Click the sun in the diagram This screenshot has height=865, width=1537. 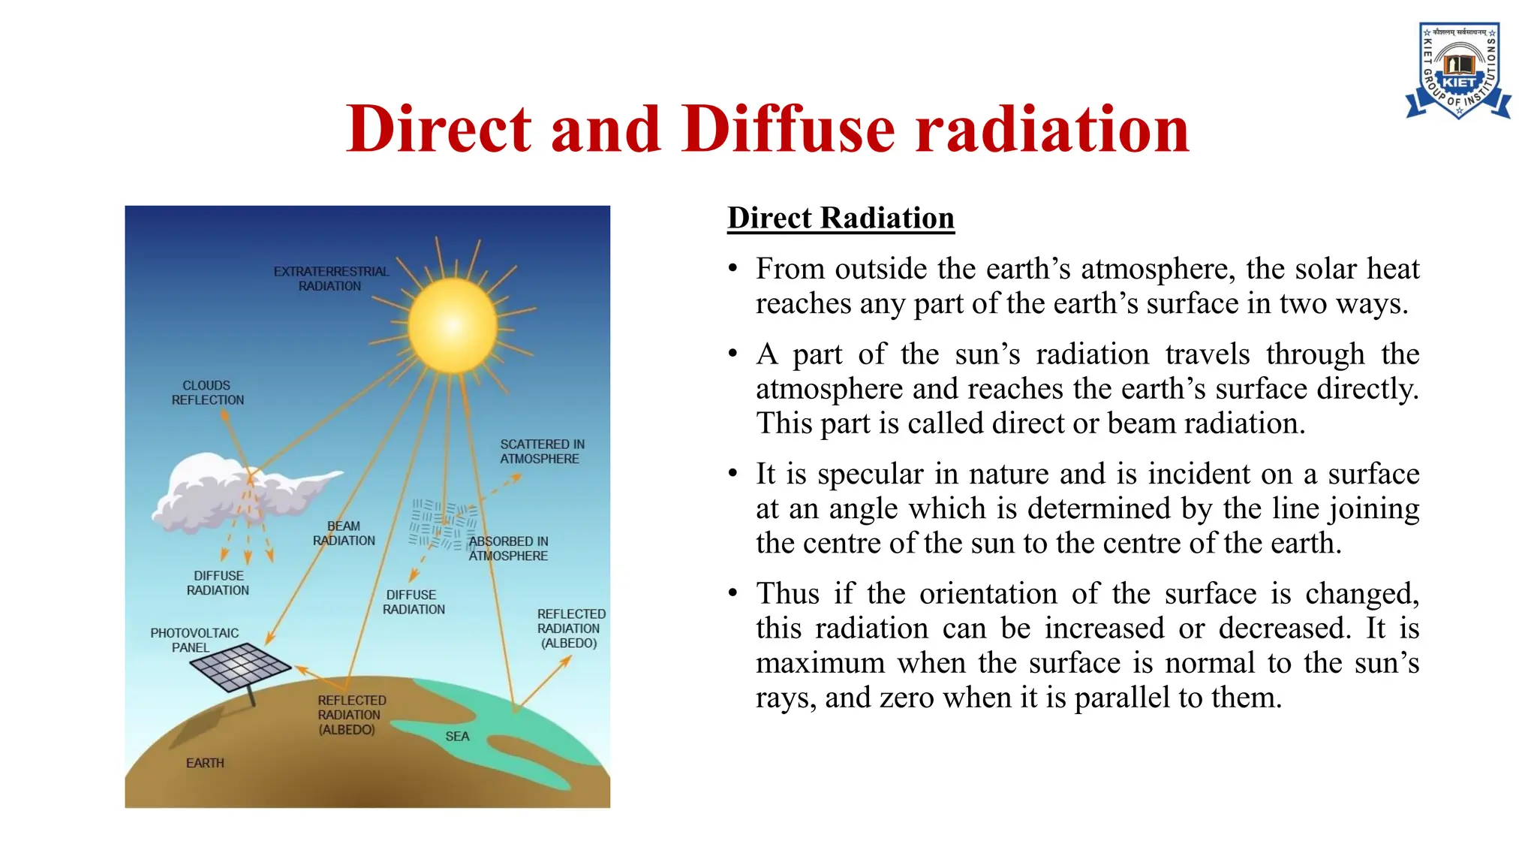pyautogui.click(x=453, y=325)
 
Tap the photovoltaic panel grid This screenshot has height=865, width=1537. pyautogui.click(x=240, y=665)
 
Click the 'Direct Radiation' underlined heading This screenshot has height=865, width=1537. pyautogui.click(x=841, y=219)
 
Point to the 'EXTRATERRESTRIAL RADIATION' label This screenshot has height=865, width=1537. pyautogui.click(x=331, y=279)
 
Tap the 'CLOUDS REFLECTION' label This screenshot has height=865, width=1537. pyautogui.click(x=207, y=393)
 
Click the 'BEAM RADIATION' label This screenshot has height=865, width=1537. pyautogui.click(x=344, y=533)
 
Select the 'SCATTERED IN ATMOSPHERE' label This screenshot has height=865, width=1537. pyautogui.click(x=542, y=451)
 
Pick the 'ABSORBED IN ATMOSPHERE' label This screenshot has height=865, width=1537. pyautogui.click(x=508, y=548)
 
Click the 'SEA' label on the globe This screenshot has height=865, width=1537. pyautogui.click(x=457, y=737)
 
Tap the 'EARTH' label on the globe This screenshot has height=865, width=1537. pyautogui.click(x=205, y=763)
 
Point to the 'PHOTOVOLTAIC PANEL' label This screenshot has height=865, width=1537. pyautogui.click(x=194, y=640)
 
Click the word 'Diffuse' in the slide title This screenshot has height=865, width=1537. pyautogui.click(x=789, y=129)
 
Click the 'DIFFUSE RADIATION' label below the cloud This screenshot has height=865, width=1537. pyautogui.click(x=218, y=583)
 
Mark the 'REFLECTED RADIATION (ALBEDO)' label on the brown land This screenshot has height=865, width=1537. pyautogui.click(x=350, y=715)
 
